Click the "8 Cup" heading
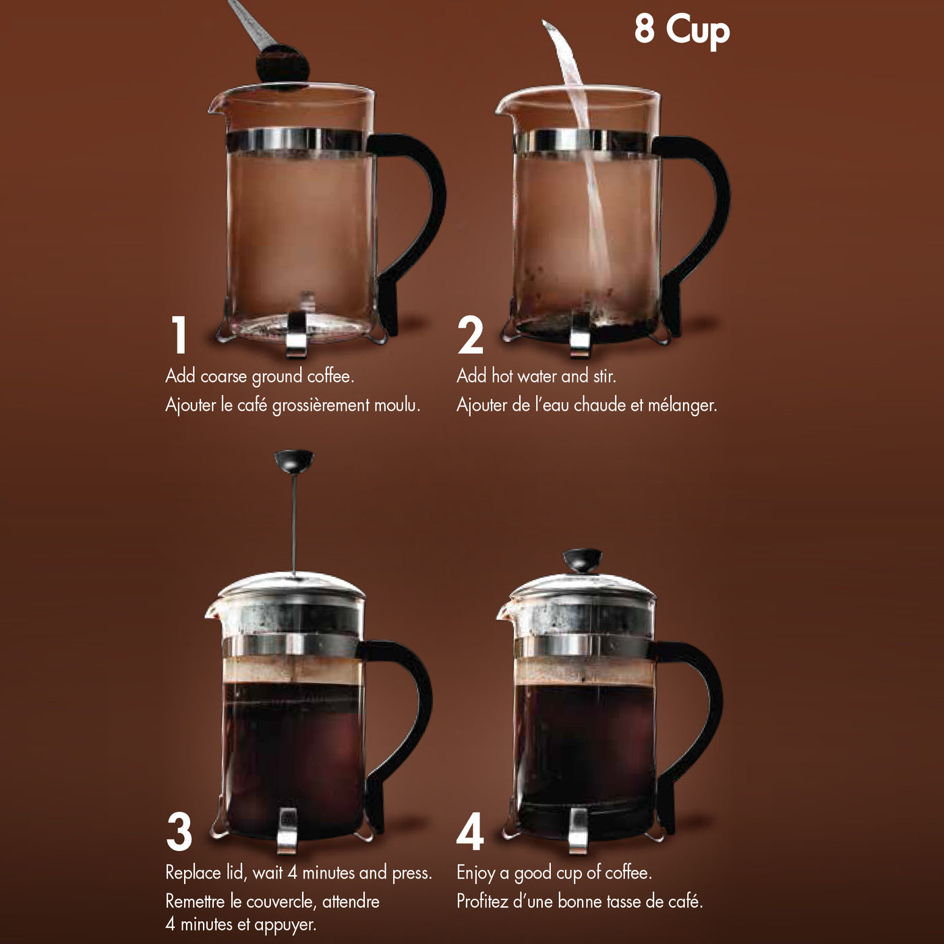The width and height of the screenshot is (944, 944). pyautogui.click(x=681, y=30)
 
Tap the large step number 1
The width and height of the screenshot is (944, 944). pyautogui.click(x=179, y=335)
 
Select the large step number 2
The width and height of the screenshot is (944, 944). pyautogui.click(x=470, y=335)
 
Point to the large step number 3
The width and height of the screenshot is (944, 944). pyautogui.click(x=179, y=831)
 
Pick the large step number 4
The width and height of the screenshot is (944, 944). pyautogui.click(x=470, y=831)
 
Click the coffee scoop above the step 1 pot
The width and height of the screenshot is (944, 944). pyautogui.click(x=281, y=64)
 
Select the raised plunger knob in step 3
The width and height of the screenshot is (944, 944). pyautogui.click(x=294, y=461)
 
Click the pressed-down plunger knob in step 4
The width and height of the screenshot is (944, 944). pyautogui.click(x=582, y=559)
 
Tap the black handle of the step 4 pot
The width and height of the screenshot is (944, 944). pyautogui.click(x=701, y=708)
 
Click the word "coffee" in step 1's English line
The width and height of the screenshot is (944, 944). pyautogui.click(x=330, y=376)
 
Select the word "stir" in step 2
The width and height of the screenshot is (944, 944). pyautogui.click(x=603, y=376)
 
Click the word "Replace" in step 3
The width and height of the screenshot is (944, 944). pyautogui.click(x=194, y=873)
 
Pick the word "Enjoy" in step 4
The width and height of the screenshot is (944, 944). pyautogui.click(x=475, y=873)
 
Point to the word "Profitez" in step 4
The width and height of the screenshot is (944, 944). pyautogui.click(x=482, y=902)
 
